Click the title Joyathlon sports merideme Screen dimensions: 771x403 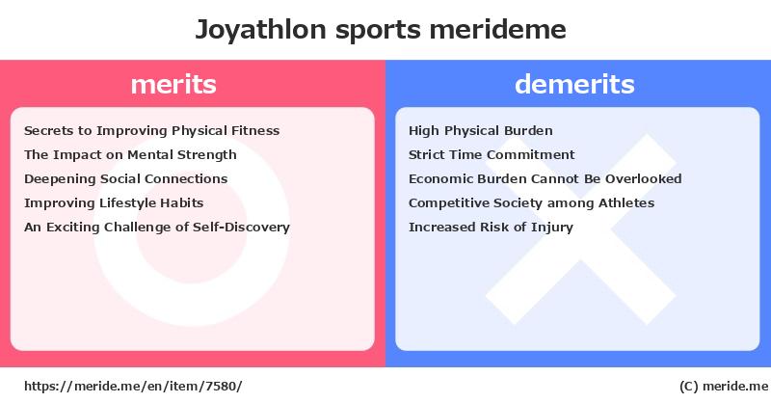point(381,30)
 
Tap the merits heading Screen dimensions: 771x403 point(173,84)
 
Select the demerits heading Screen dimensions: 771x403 point(574,84)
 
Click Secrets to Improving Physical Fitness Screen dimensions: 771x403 point(151,131)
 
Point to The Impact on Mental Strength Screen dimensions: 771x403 point(130,154)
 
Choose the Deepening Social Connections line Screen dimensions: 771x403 point(126,178)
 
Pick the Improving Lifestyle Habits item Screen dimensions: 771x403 point(114,202)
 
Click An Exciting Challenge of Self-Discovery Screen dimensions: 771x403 point(157,227)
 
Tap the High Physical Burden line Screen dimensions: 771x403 point(480,131)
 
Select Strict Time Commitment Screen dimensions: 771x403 point(492,154)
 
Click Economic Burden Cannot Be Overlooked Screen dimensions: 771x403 point(545,178)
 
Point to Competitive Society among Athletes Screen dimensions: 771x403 point(531,202)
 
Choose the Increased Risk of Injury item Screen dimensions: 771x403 point(491,227)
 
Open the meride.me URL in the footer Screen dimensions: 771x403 point(133,387)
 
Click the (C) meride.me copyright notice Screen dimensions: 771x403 point(724,387)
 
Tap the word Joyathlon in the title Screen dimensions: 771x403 point(260,30)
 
